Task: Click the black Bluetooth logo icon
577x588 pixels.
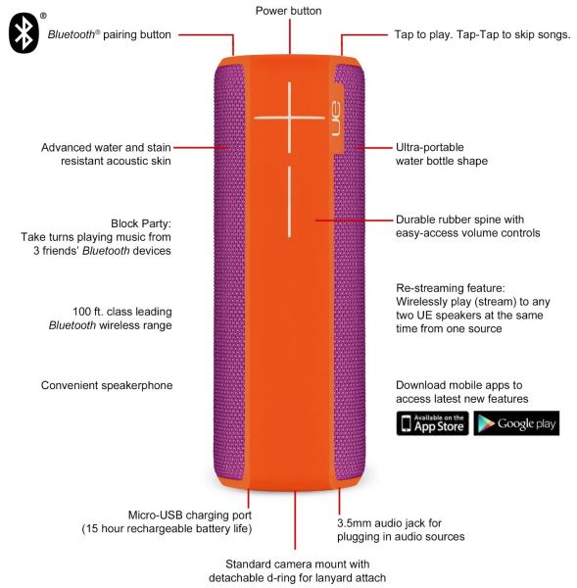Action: (x=24, y=33)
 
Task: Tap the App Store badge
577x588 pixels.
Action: (x=432, y=423)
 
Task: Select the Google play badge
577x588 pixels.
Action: (x=516, y=423)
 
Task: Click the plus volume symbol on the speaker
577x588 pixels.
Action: (x=289, y=118)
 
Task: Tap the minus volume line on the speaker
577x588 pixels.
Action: (x=289, y=202)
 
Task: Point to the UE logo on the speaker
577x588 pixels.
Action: (x=336, y=119)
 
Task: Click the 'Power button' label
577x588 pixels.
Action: (x=288, y=11)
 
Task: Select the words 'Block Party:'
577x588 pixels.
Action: (x=141, y=223)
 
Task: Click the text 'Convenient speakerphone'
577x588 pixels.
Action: (x=107, y=385)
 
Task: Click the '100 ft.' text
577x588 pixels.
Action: (x=88, y=312)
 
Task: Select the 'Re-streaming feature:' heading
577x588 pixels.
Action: (x=451, y=288)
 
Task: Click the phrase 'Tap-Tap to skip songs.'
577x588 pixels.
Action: (x=513, y=34)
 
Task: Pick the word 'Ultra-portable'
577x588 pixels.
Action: (x=430, y=147)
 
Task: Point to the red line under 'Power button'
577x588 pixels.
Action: (x=290, y=36)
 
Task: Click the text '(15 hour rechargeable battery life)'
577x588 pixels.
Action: (x=167, y=529)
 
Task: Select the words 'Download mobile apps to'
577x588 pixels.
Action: (x=458, y=385)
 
